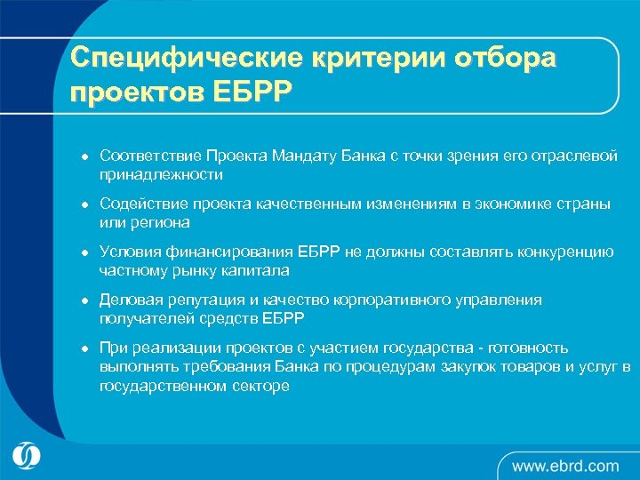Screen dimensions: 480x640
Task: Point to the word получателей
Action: (140, 318)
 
